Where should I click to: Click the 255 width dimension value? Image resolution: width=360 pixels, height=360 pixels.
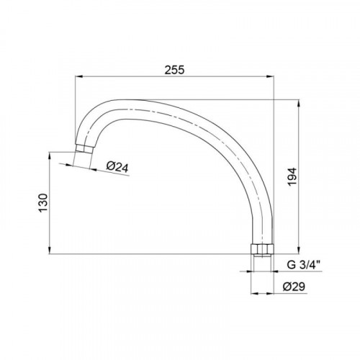click(174, 70)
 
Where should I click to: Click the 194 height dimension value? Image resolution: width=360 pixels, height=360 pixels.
click(292, 177)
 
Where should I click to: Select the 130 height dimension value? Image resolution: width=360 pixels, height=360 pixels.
click(43, 203)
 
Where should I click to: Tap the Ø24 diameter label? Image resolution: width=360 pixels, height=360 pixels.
click(117, 167)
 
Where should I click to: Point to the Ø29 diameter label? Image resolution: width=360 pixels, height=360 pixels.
click(294, 287)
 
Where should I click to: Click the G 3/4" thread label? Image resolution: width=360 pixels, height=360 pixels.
click(304, 265)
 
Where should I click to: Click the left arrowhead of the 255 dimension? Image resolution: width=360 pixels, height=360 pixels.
click(79, 76)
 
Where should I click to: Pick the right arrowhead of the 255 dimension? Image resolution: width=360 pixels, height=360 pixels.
click(270, 76)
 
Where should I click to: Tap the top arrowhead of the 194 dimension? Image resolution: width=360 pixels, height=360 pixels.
click(299, 104)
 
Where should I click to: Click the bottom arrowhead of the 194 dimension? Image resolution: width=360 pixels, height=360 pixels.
click(299, 250)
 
